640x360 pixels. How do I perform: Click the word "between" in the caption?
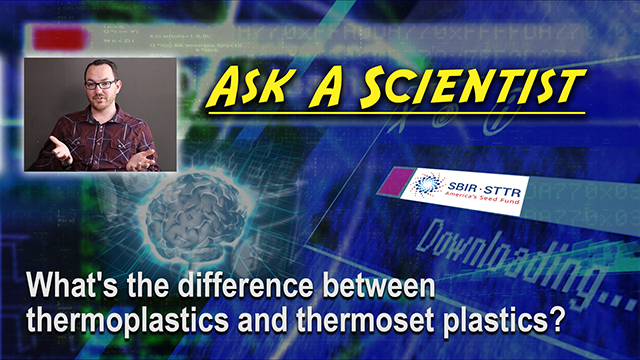coord(370,288)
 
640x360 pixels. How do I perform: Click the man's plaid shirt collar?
coord(100,121)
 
